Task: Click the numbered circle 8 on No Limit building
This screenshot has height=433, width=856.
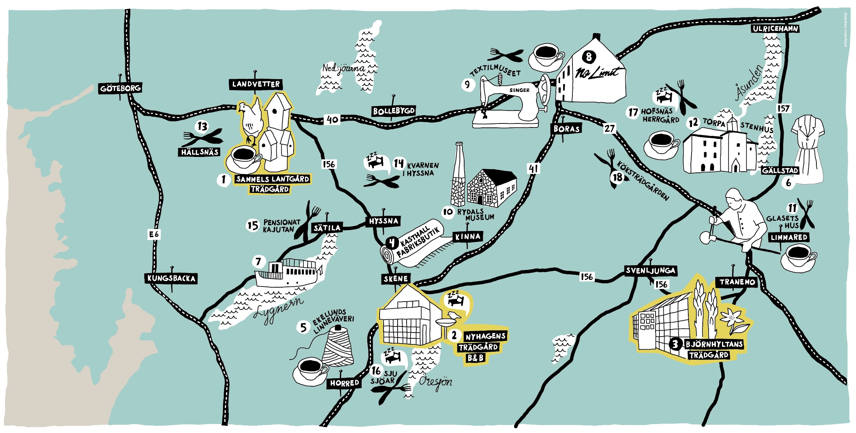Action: [x=589, y=57]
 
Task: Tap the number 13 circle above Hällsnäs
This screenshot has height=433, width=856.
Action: [x=203, y=127]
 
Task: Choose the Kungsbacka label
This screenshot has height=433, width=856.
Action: [x=171, y=278]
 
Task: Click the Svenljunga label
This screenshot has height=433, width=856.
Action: [x=650, y=271]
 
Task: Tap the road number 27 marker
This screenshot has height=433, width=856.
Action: [x=609, y=128]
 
